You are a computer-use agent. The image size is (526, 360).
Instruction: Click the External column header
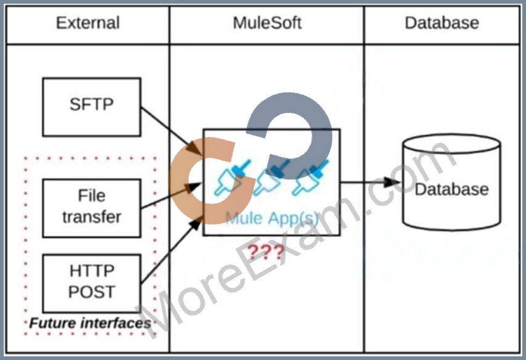(x=88, y=23)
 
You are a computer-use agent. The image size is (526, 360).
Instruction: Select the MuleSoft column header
(x=267, y=23)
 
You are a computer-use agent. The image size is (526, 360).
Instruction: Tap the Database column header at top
(x=442, y=23)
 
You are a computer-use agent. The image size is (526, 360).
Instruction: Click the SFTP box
(x=92, y=107)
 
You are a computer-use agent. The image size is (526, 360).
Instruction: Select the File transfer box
(x=92, y=208)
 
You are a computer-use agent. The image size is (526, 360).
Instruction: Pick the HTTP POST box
(x=92, y=284)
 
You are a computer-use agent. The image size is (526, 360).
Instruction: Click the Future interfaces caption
(x=90, y=323)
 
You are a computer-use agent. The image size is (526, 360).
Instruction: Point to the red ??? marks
(x=266, y=252)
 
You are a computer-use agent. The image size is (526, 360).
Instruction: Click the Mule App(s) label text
(x=272, y=218)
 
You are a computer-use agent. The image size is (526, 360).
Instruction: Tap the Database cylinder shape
(x=451, y=182)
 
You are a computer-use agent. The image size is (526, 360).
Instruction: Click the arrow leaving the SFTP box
(x=171, y=131)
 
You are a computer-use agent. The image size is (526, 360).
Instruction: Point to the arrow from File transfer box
(x=171, y=196)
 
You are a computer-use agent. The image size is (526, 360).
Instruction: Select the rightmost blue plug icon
(x=310, y=178)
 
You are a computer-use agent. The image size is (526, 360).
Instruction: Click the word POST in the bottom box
(x=92, y=292)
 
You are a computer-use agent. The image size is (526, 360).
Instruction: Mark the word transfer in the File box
(x=92, y=217)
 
